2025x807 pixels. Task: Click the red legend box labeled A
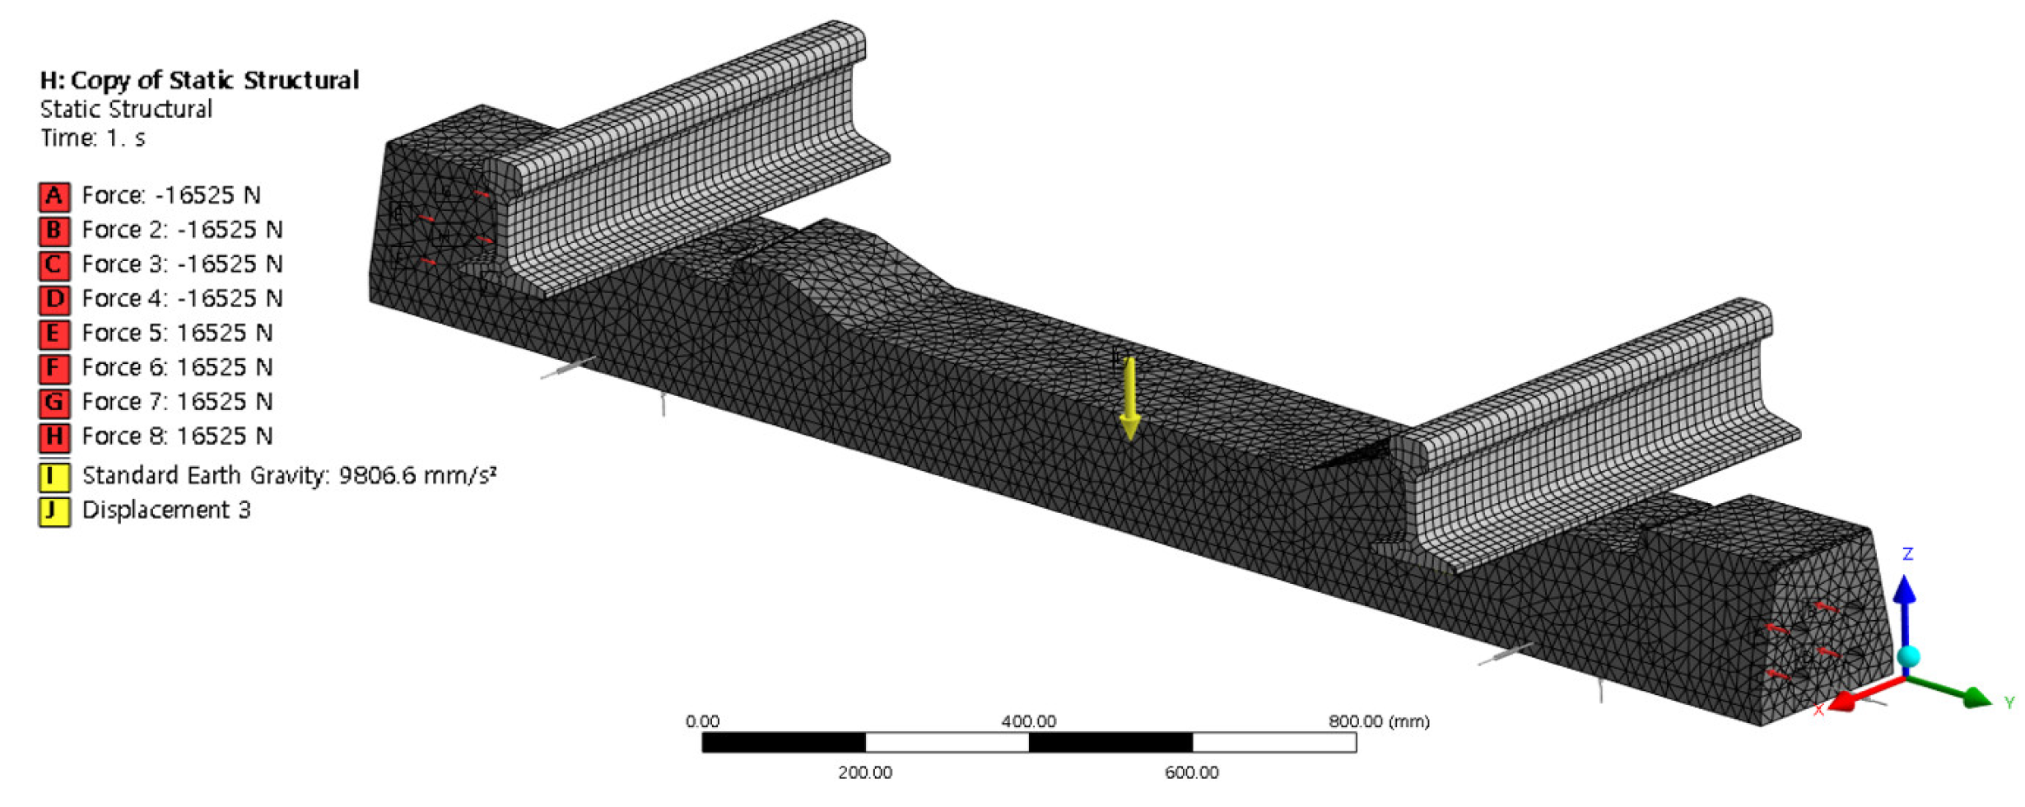[x=54, y=196]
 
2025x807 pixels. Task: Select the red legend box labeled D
[x=54, y=299]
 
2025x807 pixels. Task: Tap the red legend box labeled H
[x=54, y=436]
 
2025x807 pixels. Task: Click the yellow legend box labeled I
[x=54, y=477]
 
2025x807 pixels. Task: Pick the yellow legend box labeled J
[x=54, y=511]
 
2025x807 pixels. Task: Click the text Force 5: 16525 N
[x=177, y=334]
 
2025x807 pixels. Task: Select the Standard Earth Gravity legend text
[x=289, y=476]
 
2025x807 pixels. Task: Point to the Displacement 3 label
[x=166, y=511]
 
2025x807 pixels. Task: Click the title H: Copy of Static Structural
[x=200, y=81]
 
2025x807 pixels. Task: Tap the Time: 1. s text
[x=93, y=138]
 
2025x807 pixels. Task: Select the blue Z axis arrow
[x=1905, y=597]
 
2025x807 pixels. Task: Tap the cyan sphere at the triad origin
[x=1908, y=656]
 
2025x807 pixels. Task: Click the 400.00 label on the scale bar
[x=1028, y=722]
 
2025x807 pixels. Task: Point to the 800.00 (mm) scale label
[x=1379, y=722]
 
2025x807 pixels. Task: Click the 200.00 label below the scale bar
[x=865, y=772]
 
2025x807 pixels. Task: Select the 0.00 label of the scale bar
[x=702, y=722]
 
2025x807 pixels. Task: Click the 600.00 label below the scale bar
[x=1191, y=772]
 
